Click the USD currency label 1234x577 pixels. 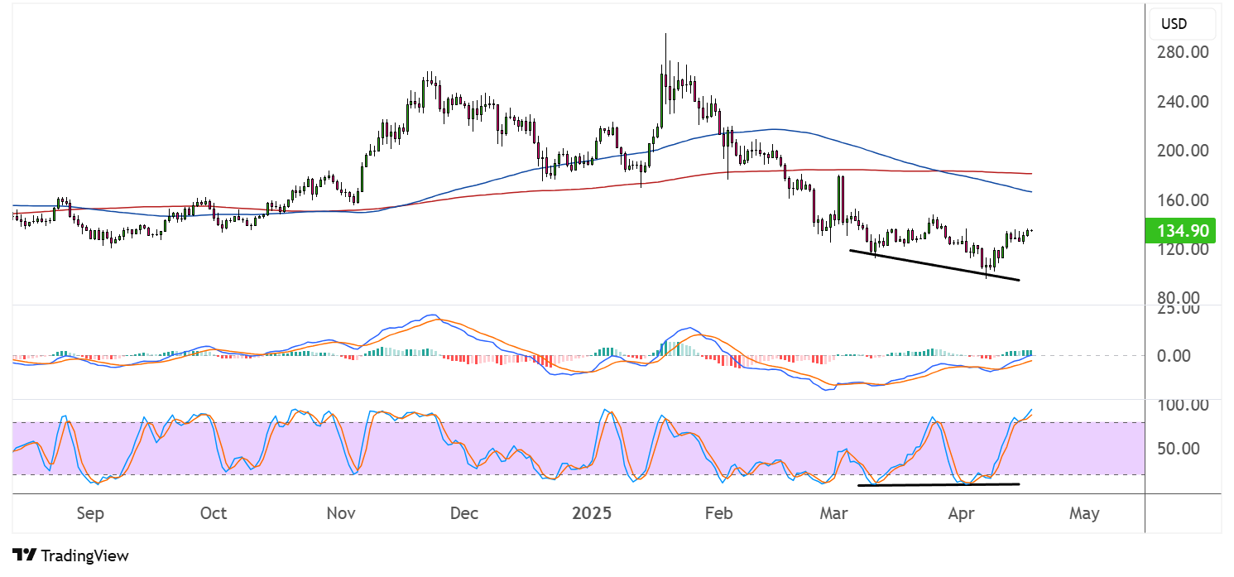[x=1174, y=24]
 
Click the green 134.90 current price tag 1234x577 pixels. [x=1179, y=230]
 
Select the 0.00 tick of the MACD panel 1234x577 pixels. [x=1178, y=356]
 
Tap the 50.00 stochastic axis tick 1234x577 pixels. [x=1182, y=449]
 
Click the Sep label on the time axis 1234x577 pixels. [x=90, y=513]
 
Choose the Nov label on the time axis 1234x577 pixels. [x=341, y=513]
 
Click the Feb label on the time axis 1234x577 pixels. [x=718, y=513]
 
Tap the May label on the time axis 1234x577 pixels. [x=1084, y=513]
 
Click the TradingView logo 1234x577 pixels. [x=71, y=555]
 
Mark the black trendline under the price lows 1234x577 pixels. [x=934, y=265]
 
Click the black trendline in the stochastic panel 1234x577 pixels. [x=939, y=484]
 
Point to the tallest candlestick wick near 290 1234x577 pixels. [x=665, y=50]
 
